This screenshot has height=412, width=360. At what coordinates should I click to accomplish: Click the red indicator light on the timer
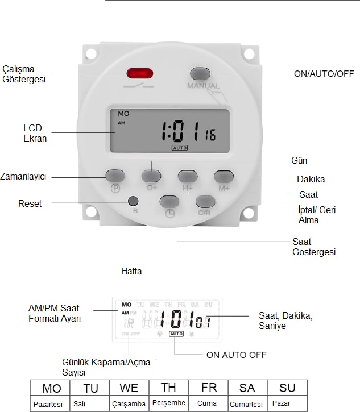click(139, 73)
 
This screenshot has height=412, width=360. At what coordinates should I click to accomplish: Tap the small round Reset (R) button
click(134, 201)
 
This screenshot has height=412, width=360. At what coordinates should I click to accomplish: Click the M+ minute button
click(224, 176)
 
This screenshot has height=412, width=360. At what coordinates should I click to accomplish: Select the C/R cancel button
click(206, 201)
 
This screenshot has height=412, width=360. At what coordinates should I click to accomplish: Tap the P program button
click(115, 176)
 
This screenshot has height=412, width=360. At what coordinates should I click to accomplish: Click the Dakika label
click(311, 179)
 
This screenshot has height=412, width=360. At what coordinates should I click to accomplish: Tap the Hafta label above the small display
click(131, 272)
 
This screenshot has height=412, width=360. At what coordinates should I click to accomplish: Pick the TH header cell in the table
click(168, 388)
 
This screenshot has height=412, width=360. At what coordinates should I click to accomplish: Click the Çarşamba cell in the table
click(129, 404)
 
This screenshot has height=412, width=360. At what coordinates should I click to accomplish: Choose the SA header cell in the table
click(247, 388)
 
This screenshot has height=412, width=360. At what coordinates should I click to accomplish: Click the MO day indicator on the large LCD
click(123, 114)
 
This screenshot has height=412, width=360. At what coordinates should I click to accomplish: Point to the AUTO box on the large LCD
click(180, 148)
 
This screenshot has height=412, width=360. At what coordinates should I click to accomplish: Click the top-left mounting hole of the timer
click(90, 54)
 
